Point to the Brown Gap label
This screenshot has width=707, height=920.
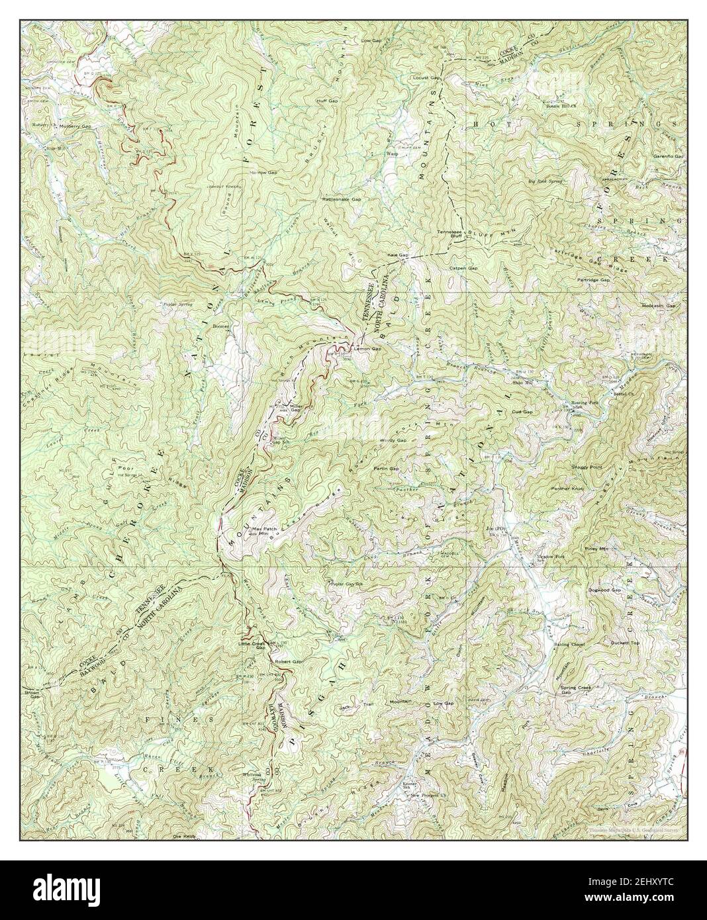click(x=33, y=696)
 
